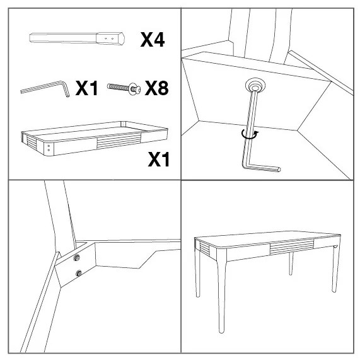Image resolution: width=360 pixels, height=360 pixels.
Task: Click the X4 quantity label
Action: [153, 40]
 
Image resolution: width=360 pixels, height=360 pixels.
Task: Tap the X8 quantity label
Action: [156, 88]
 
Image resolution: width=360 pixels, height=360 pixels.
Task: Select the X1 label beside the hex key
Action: [86, 88]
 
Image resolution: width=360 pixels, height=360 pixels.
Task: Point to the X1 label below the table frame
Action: [159, 160]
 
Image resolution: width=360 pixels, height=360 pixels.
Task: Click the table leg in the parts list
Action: [77, 38]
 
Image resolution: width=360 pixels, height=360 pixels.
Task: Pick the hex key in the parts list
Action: [45, 89]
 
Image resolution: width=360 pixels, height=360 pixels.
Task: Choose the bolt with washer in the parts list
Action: [124, 88]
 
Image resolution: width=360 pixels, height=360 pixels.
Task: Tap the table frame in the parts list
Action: [95, 139]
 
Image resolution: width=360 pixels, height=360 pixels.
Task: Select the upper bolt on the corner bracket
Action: [76, 258]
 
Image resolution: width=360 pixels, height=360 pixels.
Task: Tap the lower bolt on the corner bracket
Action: [79, 273]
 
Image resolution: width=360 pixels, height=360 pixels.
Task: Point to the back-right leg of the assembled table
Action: [291, 264]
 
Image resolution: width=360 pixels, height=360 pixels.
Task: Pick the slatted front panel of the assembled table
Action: [292, 247]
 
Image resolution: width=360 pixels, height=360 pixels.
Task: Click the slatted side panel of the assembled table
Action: [205, 249]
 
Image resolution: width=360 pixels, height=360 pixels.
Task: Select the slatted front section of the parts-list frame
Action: [119, 141]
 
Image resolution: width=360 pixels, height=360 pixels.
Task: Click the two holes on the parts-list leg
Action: [109, 38]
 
